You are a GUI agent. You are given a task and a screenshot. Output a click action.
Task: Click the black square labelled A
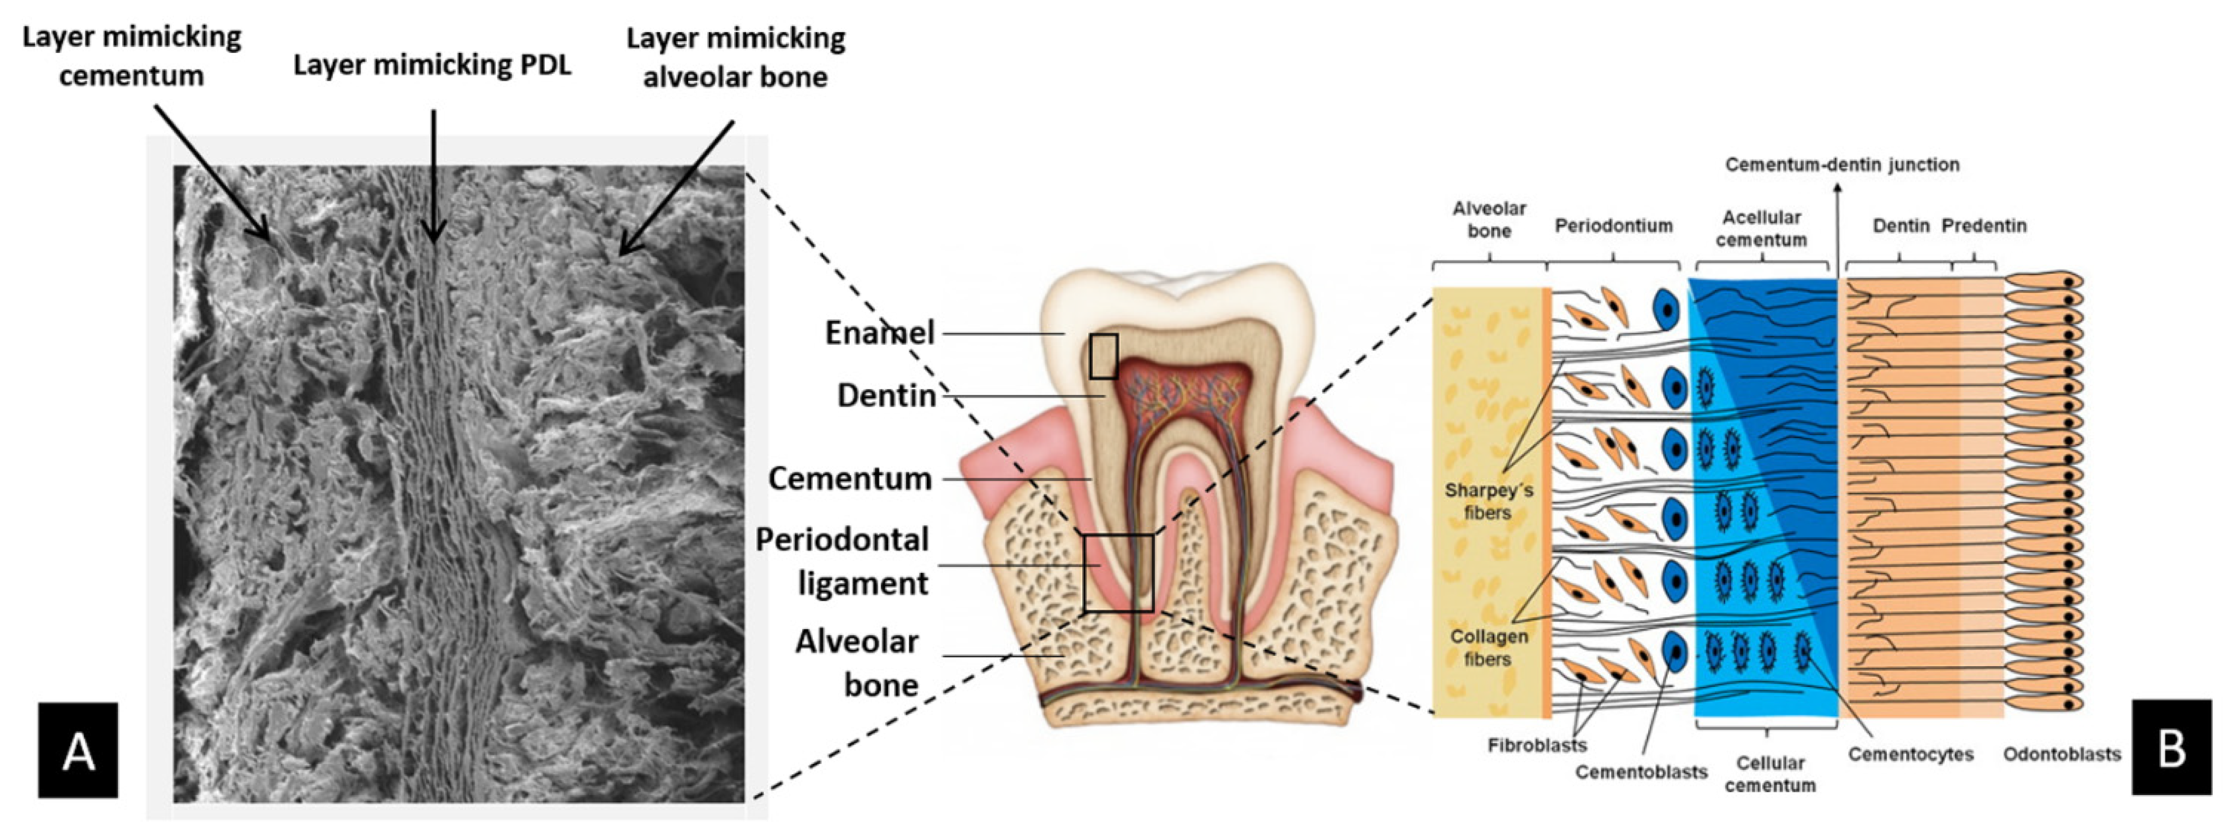78,750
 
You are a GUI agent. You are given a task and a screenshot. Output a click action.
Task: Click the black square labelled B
2172,748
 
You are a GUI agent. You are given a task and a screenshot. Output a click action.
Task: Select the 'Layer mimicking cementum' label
132,56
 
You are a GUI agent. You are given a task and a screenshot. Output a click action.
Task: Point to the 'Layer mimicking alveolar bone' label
736,57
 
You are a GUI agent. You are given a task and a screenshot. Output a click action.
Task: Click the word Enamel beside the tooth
879,333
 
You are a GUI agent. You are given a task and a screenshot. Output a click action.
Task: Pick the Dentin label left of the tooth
886,395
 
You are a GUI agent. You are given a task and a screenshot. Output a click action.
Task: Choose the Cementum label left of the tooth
850,478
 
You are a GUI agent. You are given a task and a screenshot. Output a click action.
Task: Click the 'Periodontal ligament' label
842,561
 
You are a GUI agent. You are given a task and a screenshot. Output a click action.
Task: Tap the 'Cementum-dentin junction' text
1841,164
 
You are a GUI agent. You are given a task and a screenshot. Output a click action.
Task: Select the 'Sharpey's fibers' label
1488,501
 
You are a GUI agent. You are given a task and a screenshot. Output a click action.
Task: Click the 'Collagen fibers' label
1488,648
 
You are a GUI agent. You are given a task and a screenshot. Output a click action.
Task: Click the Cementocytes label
1911,755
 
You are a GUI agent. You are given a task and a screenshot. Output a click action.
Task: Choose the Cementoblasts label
1641,772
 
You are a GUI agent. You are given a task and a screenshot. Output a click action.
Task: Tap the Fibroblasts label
1537,745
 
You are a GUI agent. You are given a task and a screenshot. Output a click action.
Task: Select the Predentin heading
1983,226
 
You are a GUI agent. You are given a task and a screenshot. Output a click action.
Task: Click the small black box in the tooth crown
1103,357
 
